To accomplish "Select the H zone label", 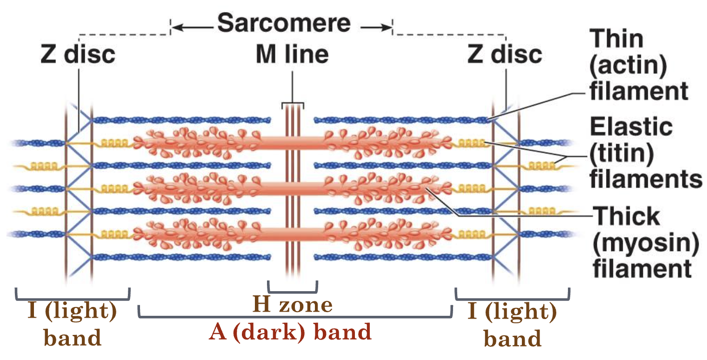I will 293,305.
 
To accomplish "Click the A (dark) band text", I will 291,332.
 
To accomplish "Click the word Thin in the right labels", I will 616,40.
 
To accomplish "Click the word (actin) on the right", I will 628,66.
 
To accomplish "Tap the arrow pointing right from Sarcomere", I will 374,28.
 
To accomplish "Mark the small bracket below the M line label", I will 293,104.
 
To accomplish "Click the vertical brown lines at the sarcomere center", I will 292,195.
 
